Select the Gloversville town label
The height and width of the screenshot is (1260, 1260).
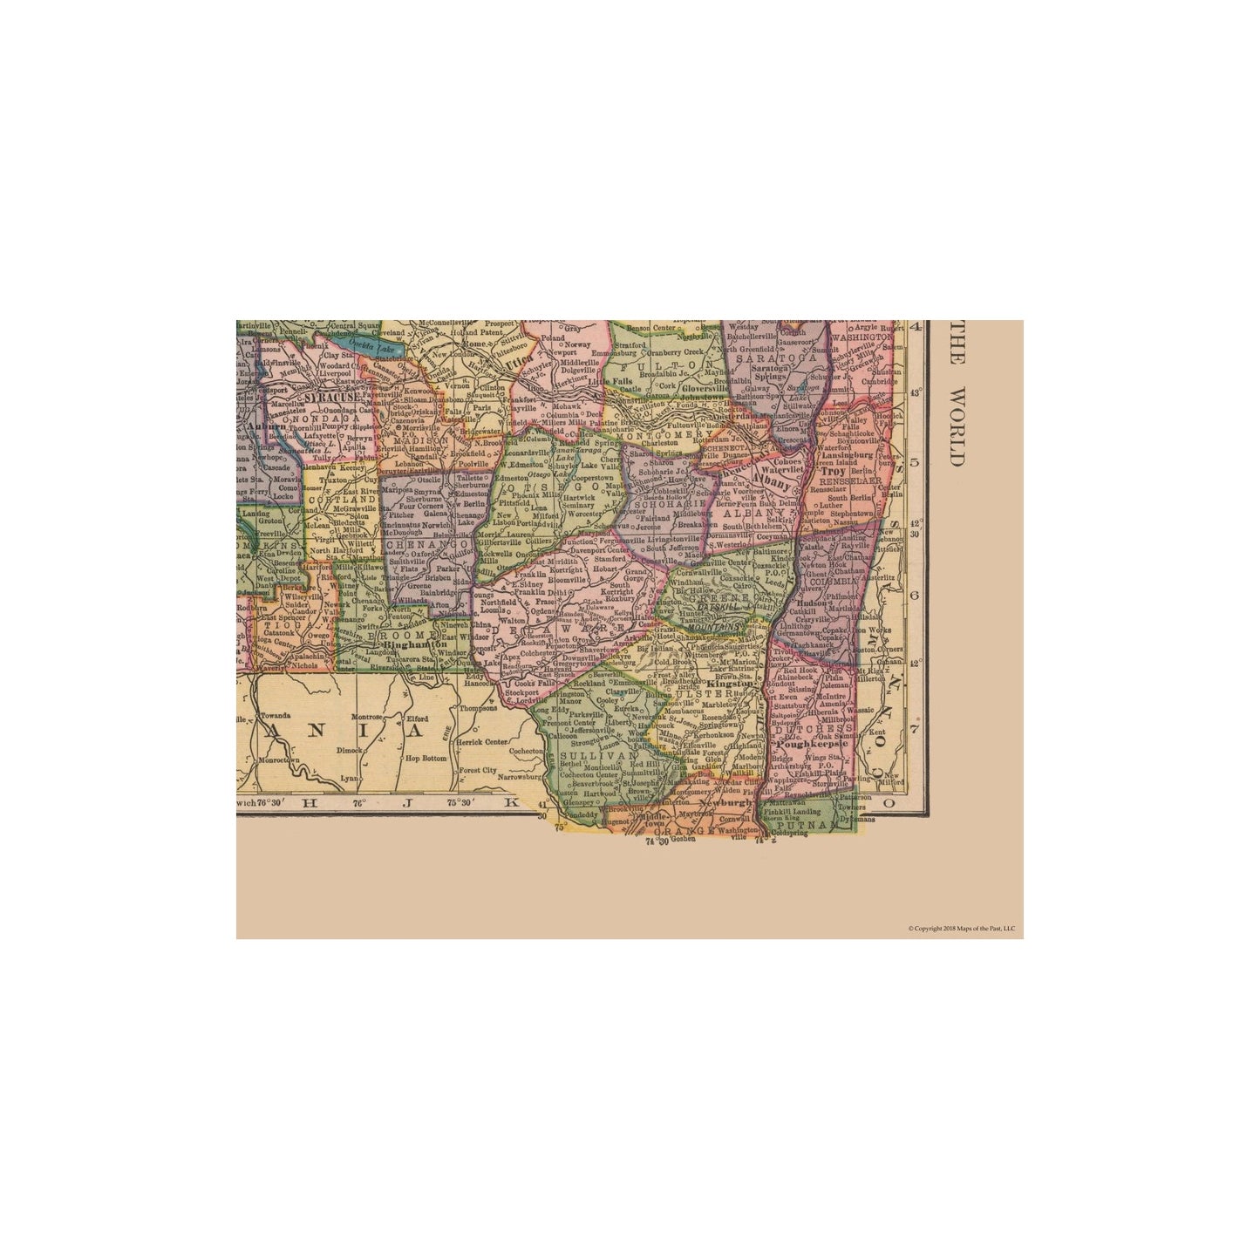click(x=684, y=386)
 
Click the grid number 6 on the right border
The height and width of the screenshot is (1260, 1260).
click(x=916, y=596)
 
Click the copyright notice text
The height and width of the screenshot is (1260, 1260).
click(x=961, y=929)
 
